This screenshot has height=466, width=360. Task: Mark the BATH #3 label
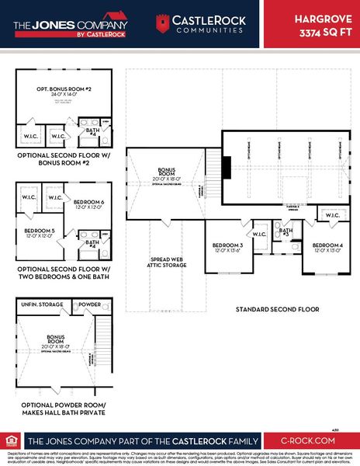click(x=286, y=232)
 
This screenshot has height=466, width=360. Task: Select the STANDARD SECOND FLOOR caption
click(x=277, y=308)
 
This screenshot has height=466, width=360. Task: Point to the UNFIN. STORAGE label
click(x=40, y=303)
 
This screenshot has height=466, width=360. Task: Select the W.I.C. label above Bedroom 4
click(x=331, y=215)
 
